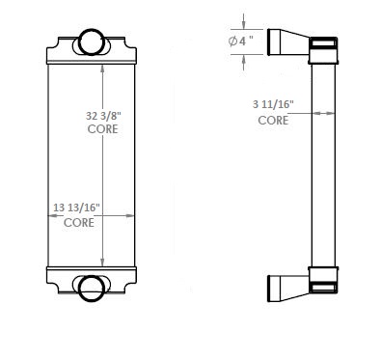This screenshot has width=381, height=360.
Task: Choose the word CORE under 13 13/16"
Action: pos(80,222)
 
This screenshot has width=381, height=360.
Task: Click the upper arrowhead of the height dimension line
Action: pos(104,59)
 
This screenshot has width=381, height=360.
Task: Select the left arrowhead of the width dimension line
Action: pos(48,216)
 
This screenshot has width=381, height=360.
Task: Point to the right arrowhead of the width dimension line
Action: pos(135,216)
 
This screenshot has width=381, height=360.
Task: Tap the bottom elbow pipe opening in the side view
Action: pos(274,287)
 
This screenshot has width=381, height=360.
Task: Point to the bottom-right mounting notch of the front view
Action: pos(126,286)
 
